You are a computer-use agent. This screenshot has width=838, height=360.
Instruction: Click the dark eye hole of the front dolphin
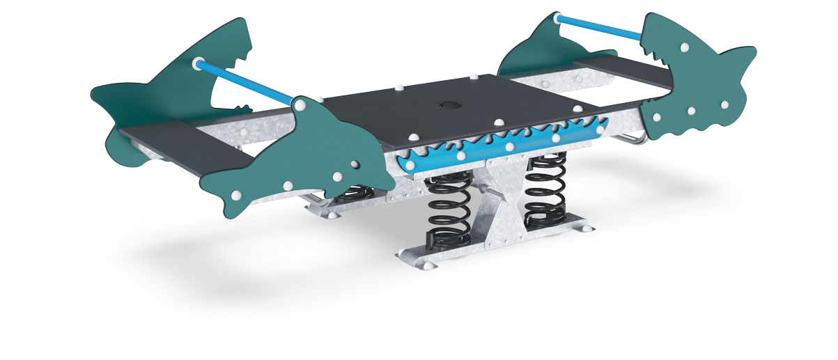coord(355,165)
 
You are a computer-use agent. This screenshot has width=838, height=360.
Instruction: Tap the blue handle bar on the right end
coord(600,26)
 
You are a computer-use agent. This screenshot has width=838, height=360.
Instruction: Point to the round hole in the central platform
coord(445,107)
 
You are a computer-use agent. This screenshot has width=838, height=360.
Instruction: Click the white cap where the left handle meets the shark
coord(197,63)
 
